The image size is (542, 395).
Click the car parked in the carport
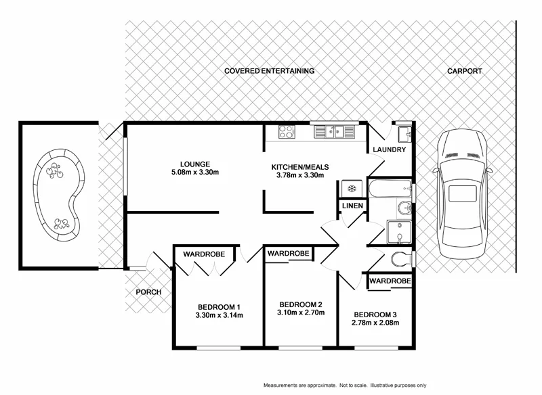465,193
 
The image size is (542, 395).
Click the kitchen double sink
335,132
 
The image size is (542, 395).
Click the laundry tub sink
404,131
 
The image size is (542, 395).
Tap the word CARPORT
464,71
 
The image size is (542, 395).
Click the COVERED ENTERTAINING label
270,71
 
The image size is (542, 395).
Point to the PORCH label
148,292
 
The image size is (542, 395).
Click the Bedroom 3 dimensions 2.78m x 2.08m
373,323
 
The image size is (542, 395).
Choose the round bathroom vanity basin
404,209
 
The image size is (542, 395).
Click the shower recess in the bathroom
398,231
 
